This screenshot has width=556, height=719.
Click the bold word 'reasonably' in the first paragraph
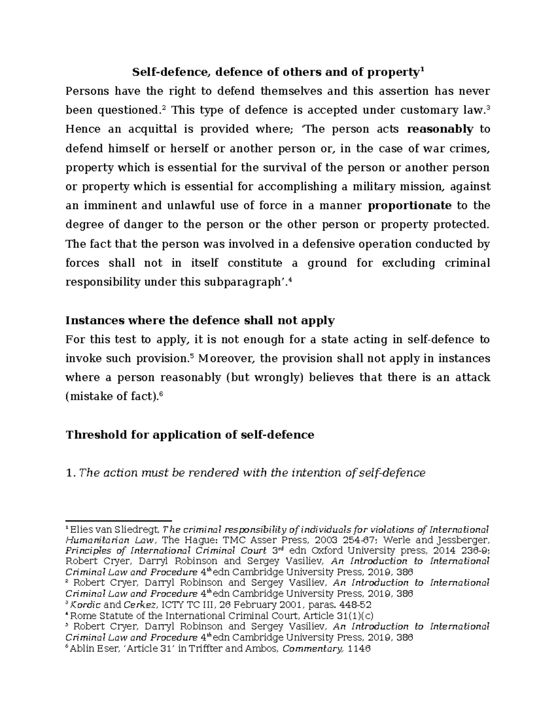click(x=439, y=129)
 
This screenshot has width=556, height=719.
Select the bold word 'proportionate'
click(x=409, y=206)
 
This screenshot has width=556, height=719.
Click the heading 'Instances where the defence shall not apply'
click(x=200, y=320)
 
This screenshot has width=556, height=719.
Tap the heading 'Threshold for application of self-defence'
click(x=190, y=435)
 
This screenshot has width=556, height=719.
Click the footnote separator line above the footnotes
click(x=119, y=520)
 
